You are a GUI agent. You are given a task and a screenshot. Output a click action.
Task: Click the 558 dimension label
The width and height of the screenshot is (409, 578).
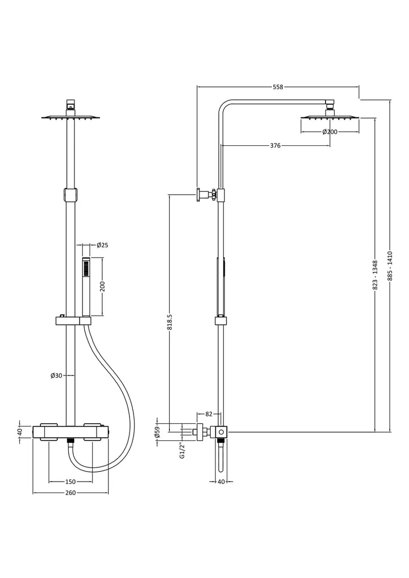click(278, 87)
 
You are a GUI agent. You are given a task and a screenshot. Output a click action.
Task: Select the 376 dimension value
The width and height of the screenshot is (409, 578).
click(276, 146)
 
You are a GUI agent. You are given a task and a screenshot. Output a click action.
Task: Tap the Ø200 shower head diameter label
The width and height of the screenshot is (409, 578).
click(329, 132)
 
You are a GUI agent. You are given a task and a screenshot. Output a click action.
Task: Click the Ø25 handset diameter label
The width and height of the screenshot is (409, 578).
click(102, 245)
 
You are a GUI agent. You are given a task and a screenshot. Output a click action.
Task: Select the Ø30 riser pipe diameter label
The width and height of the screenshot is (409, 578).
click(56, 376)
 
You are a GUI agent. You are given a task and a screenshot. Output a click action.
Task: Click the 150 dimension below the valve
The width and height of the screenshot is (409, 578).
click(70, 482)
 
